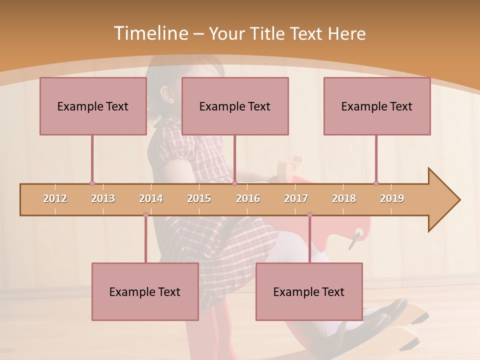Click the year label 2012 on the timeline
(x=55, y=198)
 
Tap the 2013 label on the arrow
(x=103, y=198)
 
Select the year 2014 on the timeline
(x=151, y=198)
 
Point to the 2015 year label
(x=199, y=198)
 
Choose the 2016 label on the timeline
(x=248, y=198)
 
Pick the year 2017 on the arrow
(x=296, y=198)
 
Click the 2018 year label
(x=344, y=198)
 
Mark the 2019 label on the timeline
(x=392, y=198)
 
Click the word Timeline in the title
(x=150, y=33)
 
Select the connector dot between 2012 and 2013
(x=92, y=183)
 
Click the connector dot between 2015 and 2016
(x=234, y=183)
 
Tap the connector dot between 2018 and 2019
(x=376, y=183)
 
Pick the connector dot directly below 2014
(x=145, y=215)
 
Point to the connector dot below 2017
(x=309, y=215)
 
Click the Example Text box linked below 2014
(x=145, y=291)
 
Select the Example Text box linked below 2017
(x=309, y=291)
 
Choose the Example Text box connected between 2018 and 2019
(x=377, y=106)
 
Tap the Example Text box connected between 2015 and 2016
(x=235, y=106)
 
